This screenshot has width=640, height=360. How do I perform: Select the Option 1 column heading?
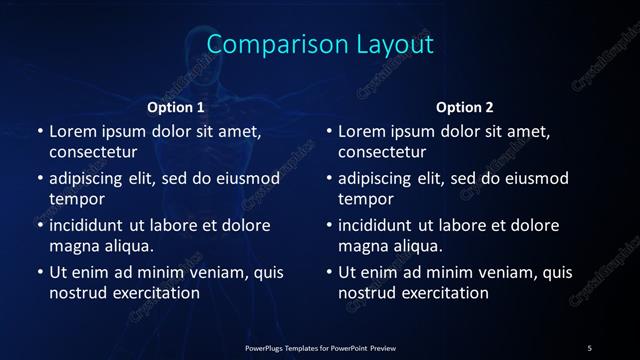(176, 106)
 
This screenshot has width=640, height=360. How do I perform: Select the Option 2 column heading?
(465, 106)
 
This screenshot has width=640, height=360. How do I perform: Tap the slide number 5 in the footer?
(589, 347)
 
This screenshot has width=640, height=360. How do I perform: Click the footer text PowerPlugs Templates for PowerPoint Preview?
(320, 347)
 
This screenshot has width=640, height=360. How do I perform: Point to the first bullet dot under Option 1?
(40, 131)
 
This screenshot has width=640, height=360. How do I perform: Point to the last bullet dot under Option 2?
(329, 272)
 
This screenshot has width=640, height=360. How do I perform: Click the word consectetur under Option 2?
(382, 152)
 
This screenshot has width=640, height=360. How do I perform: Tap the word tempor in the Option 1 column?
(77, 199)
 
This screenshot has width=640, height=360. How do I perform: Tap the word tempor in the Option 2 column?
(366, 199)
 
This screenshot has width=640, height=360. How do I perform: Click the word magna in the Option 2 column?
(363, 246)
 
